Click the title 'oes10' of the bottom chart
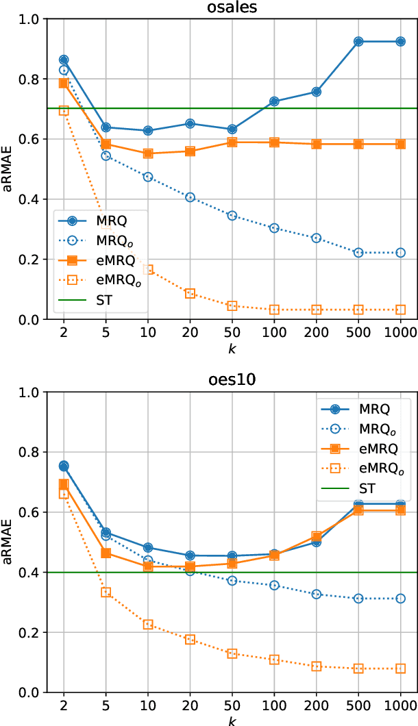click(230, 380)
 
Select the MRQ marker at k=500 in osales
click(358, 42)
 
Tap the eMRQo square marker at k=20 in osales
click(190, 294)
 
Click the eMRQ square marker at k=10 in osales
click(148, 153)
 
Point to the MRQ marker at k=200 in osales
click(316, 92)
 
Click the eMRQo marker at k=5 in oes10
click(106, 592)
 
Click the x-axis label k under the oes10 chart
click(231, 721)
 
